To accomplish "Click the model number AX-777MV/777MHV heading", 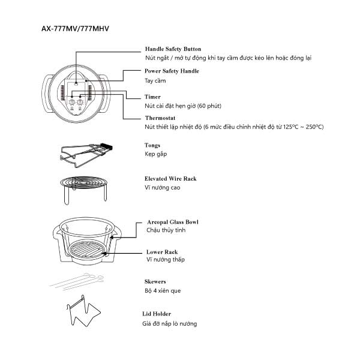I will tap(75, 28).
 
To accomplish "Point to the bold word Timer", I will tap(152, 97).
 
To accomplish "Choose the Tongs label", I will tap(152, 145).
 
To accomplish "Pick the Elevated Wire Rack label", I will tap(170, 179).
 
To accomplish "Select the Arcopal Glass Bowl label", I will tap(173, 222).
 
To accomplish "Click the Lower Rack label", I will tap(162, 252).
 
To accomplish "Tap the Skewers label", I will tap(155, 281).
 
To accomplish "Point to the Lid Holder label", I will tap(158, 314).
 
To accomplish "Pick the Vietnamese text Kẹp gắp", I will tap(157, 154).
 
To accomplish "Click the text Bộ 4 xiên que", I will tap(163, 291).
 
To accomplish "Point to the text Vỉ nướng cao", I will tap(162, 188).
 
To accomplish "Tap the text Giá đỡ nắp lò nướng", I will tap(169, 324).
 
